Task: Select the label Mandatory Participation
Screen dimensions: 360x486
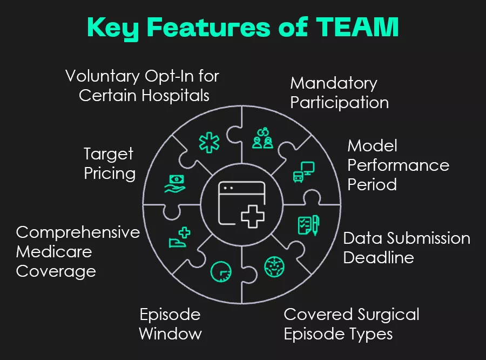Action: click(339, 93)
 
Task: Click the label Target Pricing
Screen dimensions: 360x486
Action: click(109, 164)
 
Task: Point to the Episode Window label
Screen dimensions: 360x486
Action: click(170, 323)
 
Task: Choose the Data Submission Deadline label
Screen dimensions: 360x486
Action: click(406, 247)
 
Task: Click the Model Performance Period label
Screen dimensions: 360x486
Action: click(398, 165)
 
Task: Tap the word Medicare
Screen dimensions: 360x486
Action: click(54, 251)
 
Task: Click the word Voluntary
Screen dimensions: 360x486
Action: click(103, 76)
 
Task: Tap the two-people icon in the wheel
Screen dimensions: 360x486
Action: click(263, 139)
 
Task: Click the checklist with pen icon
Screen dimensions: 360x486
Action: click(308, 224)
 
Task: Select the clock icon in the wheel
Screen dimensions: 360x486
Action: click(221, 270)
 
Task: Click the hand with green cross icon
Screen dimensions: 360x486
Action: click(180, 238)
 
